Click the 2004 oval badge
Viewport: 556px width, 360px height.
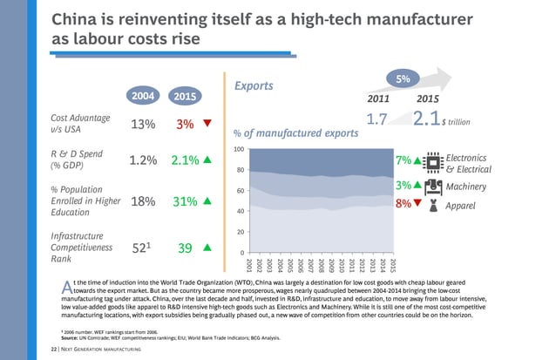point(142,94)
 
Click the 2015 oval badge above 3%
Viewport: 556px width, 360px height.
point(185,96)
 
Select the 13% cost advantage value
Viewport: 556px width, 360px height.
point(143,124)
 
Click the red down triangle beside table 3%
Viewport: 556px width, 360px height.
point(207,123)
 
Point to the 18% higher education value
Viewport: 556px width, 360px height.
point(143,201)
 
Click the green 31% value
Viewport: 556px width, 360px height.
point(185,201)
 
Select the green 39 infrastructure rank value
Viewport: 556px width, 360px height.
point(185,248)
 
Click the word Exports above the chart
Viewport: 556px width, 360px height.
point(255,86)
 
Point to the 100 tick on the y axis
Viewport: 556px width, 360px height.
point(238,150)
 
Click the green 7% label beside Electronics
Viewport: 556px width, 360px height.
point(403,160)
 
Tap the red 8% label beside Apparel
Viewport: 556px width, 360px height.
point(403,204)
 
